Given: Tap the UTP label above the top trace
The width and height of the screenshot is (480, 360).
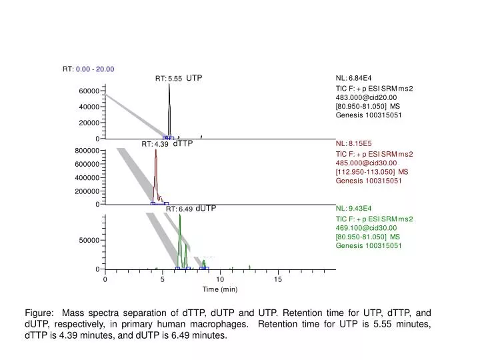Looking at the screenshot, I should [194, 78].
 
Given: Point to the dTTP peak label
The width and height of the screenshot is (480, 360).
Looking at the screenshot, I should [183, 143].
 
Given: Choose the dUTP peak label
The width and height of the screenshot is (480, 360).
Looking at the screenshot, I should [206, 208].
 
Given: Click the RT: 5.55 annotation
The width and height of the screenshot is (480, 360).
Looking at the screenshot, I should [169, 79].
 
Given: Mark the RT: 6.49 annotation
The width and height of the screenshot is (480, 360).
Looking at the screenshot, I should [179, 209].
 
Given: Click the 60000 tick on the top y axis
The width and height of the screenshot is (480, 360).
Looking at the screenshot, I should [89, 91].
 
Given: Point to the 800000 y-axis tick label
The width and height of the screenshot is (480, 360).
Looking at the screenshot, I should [87, 151].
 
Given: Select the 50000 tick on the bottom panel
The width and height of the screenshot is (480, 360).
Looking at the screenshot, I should [89, 239].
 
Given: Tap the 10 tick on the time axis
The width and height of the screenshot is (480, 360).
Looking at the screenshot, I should [220, 279].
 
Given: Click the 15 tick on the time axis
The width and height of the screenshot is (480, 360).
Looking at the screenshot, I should [277, 279].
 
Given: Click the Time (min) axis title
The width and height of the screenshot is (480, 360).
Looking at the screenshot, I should [220, 289].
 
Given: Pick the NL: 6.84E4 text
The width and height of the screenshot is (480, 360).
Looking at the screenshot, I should [354, 78].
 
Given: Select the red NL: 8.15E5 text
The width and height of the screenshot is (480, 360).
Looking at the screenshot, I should [354, 143].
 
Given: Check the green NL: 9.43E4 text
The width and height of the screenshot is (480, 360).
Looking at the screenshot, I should [354, 208].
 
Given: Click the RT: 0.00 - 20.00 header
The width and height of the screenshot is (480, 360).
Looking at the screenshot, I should [89, 69].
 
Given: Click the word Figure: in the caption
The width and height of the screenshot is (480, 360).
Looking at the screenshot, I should [39, 313].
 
